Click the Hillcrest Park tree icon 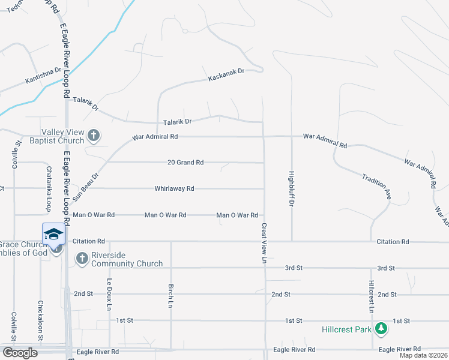coord(381,328)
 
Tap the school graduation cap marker coord(53,234)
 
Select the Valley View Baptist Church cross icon coord(93,136)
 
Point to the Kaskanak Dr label coord(226,75)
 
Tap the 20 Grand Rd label coord(185,163)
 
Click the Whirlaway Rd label coord(174,188)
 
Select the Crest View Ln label coord(263,244)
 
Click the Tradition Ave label coord(376,186)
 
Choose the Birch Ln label coord(171,296)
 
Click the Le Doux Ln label coord(109,295)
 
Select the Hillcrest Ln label coord(372,296)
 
